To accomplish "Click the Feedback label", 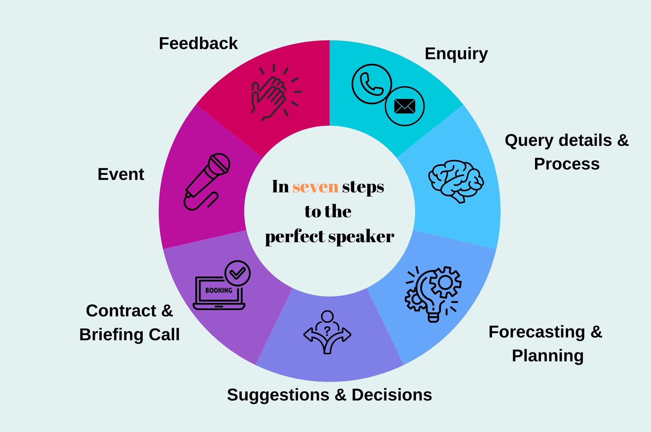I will tap(198, 43).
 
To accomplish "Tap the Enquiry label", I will tap(456, 53).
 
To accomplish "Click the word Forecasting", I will tap(537, 332).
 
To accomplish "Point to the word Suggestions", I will tap(278, 395).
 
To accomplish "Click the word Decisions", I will tap(392, 395).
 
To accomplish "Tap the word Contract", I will tap(121, 311).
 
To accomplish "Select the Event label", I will tap(121, 174).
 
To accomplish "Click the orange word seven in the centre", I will tap(315, 187).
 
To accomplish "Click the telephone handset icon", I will tap(371, 84).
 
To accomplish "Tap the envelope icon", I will tap(405, 106).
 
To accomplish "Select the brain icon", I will tap(455, 180).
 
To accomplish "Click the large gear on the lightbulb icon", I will tap(445, 282).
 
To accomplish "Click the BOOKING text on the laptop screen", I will tap(219, 290).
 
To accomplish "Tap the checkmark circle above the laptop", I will tap(238, 273).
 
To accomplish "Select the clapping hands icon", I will tap(269, 95).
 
